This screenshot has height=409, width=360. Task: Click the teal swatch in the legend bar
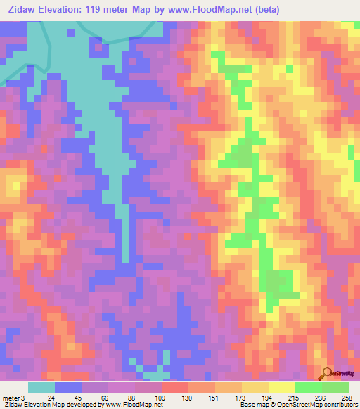click(41, 387)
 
